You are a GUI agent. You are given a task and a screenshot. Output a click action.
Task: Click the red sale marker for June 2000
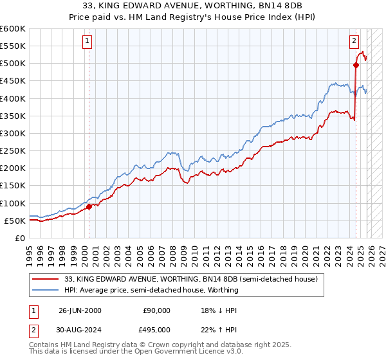click(x=89, y=206)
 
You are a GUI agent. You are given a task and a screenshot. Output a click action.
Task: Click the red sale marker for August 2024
click(x=356, y=65)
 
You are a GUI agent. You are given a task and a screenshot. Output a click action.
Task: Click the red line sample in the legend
click(x=46, y=280)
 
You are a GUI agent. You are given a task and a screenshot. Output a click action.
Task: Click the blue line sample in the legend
click(x=46, y=290)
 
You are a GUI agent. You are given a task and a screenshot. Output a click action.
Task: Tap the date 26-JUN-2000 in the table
click(x=80, y=310)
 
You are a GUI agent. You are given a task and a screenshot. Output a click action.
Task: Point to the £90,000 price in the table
click(x=156, y=310)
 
